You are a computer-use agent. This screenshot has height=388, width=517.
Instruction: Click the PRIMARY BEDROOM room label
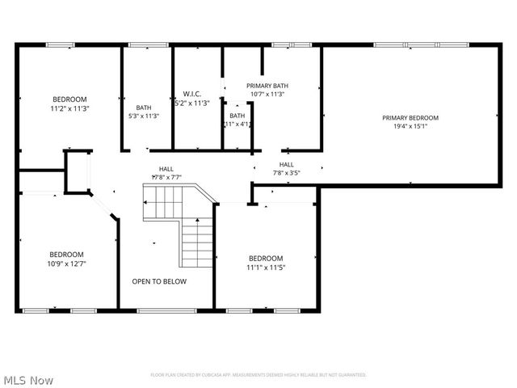tap(410, 117)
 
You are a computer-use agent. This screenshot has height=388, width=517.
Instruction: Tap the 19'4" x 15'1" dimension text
tap(410, 126)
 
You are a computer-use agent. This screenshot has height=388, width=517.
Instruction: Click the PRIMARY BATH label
tap(267, 86)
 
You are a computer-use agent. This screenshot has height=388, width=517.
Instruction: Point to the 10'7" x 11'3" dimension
tap(267, 95)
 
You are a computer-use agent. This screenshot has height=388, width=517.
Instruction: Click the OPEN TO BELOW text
tap(159, 281)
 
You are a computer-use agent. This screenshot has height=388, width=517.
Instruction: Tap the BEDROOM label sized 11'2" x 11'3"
tap(69, 99)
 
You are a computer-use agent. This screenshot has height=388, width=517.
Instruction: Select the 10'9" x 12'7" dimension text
tap(66, 262)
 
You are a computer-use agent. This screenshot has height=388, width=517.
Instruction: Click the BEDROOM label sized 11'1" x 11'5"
tap(266, 259)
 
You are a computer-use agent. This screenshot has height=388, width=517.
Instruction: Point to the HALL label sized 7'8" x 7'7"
tap(166, 169)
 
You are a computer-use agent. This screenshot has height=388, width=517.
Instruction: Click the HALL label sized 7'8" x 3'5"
tap(287, 164)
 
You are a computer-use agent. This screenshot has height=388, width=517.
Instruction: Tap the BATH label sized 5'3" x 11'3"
tap(144, 108)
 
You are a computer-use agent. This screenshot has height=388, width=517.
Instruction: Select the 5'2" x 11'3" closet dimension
tap(191, 103)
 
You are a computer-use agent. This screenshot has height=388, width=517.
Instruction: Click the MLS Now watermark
tap(28, 379)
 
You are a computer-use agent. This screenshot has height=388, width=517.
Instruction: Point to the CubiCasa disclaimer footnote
tap(258, 375)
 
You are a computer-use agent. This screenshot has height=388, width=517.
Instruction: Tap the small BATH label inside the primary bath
tap(237, 116)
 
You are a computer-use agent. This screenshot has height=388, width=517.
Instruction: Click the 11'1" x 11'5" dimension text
tap(266, 268)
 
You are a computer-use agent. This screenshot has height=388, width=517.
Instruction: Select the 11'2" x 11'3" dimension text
tap(69, 108)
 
